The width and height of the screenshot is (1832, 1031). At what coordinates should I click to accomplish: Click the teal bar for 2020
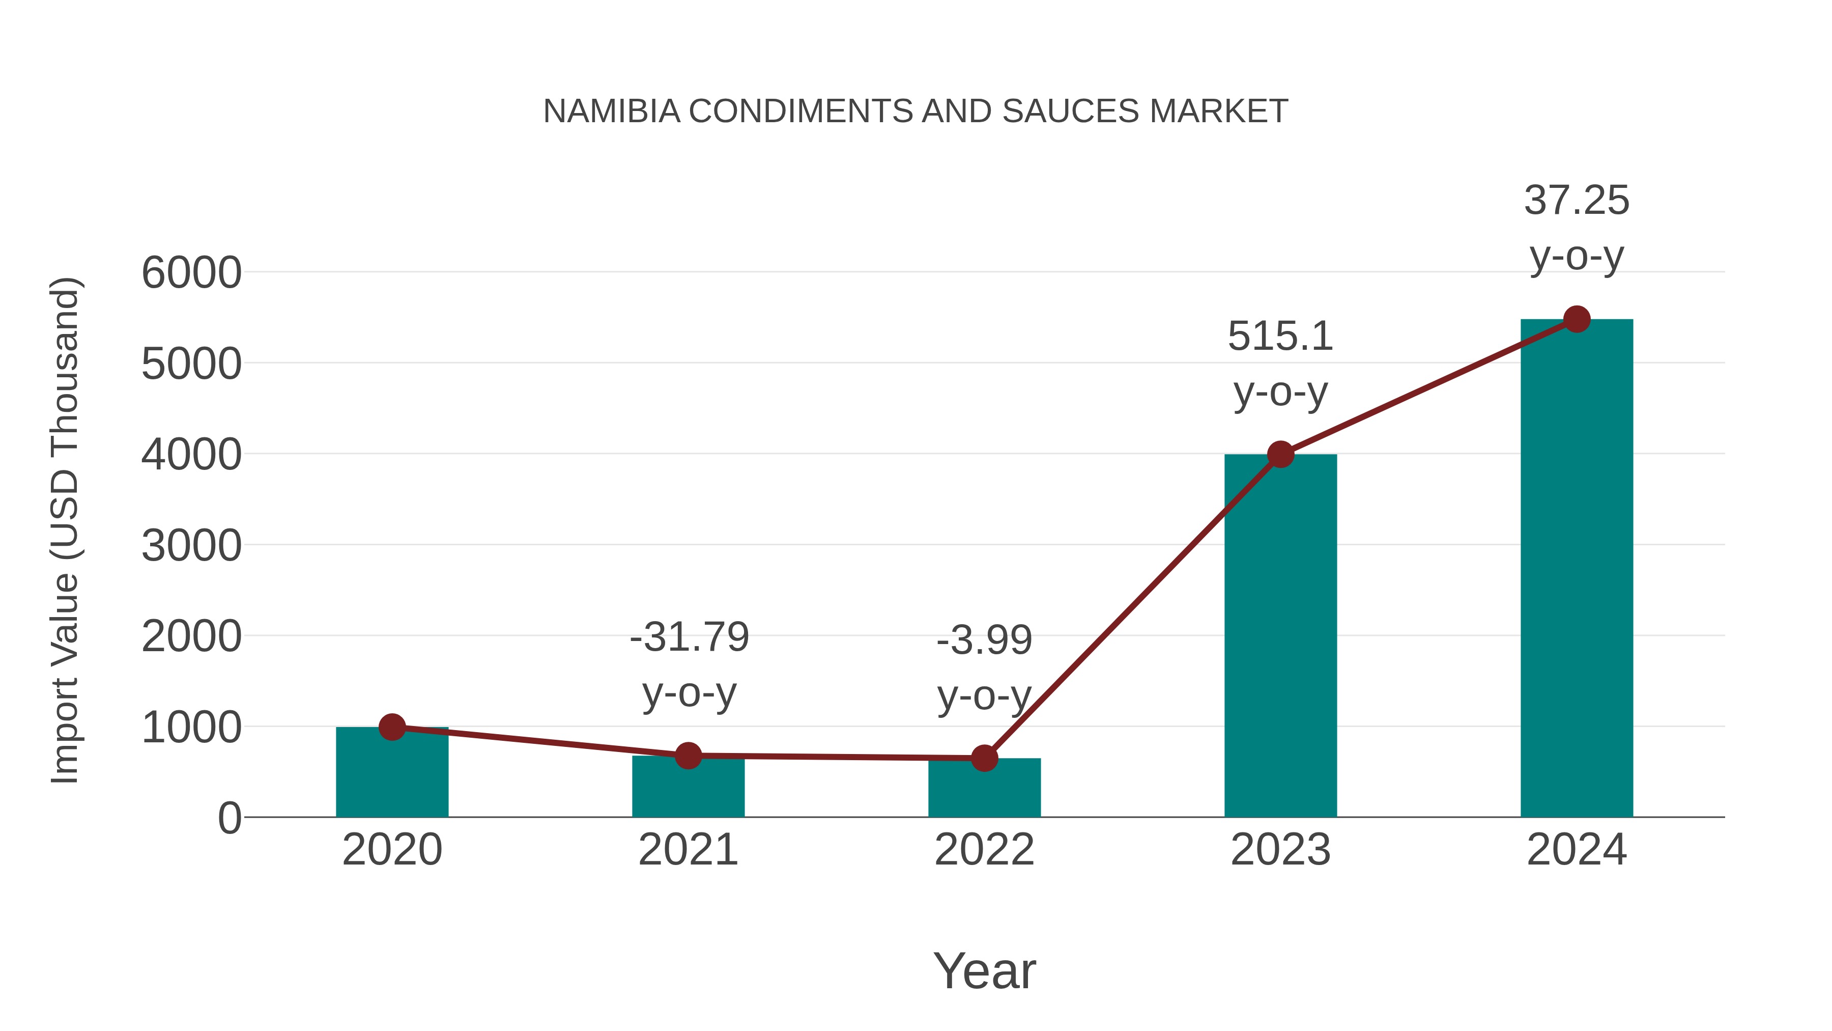click(x=392, y=775)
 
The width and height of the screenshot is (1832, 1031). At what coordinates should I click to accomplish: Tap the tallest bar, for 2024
click(x=1577, y=569)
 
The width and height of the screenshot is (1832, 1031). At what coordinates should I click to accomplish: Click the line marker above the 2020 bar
click(x=392, y=727)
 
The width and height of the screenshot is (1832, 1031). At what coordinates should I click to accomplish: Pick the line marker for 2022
click(x=984, y=759)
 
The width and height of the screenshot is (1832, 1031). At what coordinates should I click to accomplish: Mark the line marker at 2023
click(x=1280, y=454)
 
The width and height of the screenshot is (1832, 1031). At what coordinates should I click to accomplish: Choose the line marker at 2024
click(x=1577, y=319)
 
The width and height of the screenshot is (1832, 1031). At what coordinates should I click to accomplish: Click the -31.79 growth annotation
click(x=689, y=637)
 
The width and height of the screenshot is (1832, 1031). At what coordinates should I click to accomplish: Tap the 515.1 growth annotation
click(x=1280, y=337)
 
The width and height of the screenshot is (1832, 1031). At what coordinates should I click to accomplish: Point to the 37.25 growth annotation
click(x=1577, y=201)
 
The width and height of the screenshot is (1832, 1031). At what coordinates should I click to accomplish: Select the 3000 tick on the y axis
click(x=191, y=546)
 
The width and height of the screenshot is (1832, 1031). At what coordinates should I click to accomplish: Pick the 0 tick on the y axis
click(x=230, y=818)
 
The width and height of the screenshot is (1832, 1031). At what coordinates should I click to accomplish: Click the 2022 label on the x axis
click(x=984, y=850)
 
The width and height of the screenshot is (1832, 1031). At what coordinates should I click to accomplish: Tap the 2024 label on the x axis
click(x=1577, y=850)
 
